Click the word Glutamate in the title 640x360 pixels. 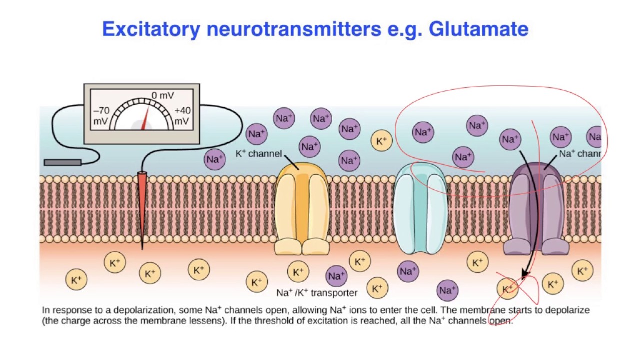click(478, 29)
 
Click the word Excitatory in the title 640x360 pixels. click(151, 29)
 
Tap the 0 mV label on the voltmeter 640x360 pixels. click(162, 95)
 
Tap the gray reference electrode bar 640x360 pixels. click(63, 162)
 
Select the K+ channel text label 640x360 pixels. click(258, 154)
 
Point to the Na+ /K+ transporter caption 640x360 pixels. click(317, 293)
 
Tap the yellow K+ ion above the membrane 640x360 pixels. click(381, 141)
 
